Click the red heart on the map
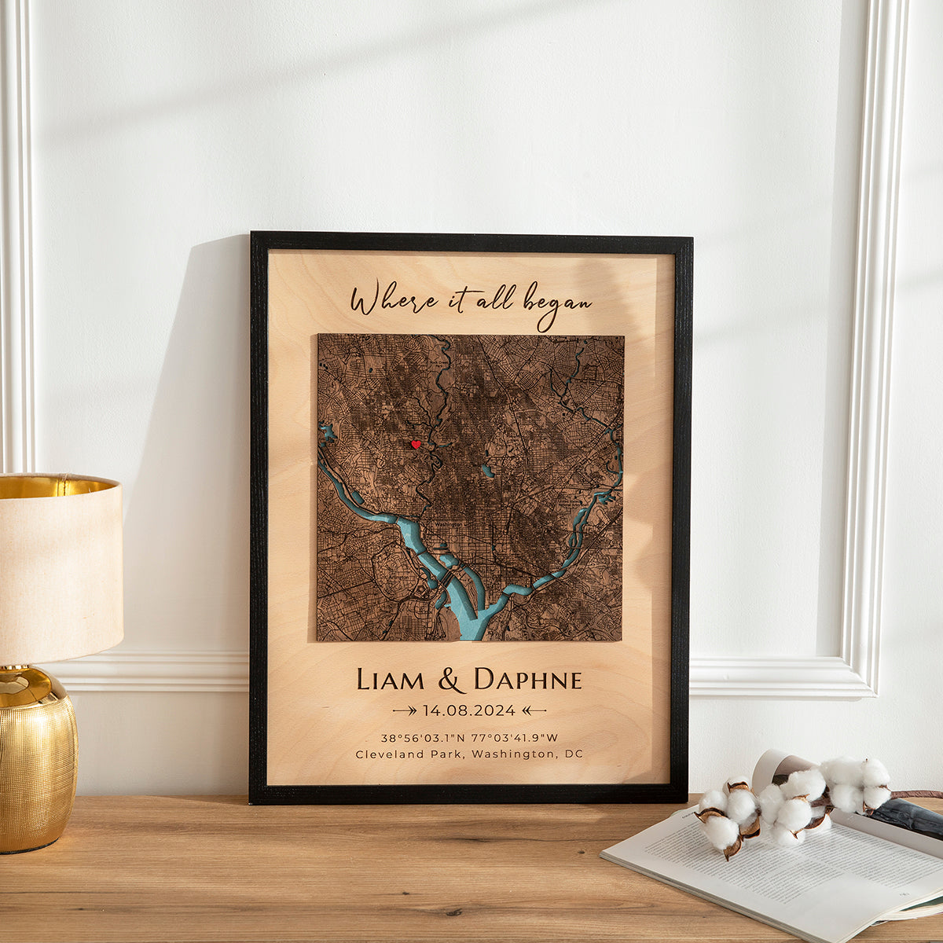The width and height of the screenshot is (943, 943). pos(416,445)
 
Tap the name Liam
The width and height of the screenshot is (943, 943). pos(391,680)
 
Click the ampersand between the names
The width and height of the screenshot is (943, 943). pos(451,681)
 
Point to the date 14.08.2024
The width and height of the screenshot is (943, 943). pos(469,710)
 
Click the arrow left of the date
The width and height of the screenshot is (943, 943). pos(405,710)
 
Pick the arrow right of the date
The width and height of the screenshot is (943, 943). pos(534,710)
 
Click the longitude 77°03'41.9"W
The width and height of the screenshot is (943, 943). pos(514,738)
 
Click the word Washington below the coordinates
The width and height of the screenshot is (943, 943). pos(515,754)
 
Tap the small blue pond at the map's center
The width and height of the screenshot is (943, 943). pos(487,472)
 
